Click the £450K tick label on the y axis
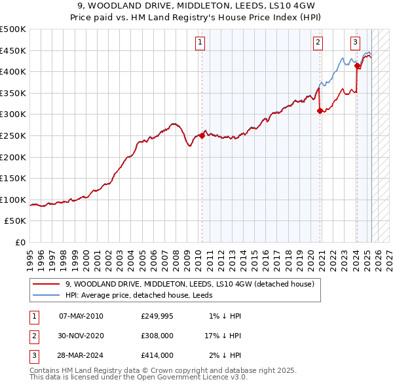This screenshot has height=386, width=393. click(13, 50)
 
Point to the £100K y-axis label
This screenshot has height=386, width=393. click(13, 200)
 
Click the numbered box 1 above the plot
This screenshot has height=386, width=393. click(199, 43)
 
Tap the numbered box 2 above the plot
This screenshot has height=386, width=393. click(318, 43)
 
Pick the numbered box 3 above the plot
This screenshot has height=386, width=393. click(355, 43)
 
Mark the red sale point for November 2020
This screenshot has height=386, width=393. click(320, 111)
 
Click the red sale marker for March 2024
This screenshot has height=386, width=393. click(357, 65)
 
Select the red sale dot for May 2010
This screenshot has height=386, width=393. click(202, 135)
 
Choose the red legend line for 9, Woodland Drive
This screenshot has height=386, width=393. click(46, 284)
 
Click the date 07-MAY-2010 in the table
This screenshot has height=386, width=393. click(81, 316)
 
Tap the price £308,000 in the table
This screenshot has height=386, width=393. click(157, 336)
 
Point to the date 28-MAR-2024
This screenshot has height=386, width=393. click(81, 355)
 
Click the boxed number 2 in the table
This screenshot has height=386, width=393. click(33, 336)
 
